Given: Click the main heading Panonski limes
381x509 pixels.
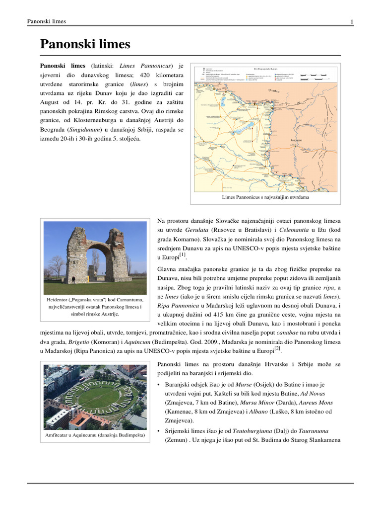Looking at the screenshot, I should [85, 45].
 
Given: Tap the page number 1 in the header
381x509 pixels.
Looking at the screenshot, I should [351, 21].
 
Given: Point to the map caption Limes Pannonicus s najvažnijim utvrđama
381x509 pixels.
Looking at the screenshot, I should [265, 197].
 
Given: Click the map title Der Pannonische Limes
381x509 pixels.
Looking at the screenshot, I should [265, 69].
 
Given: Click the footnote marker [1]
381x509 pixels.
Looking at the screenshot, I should [183, 254].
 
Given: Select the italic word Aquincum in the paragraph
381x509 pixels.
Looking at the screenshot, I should [130, 341].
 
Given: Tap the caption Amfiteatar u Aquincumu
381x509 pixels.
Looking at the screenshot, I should [95, 435].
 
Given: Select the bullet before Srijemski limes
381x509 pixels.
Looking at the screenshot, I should [158, 430].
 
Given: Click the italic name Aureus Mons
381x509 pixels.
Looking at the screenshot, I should [317, 402].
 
